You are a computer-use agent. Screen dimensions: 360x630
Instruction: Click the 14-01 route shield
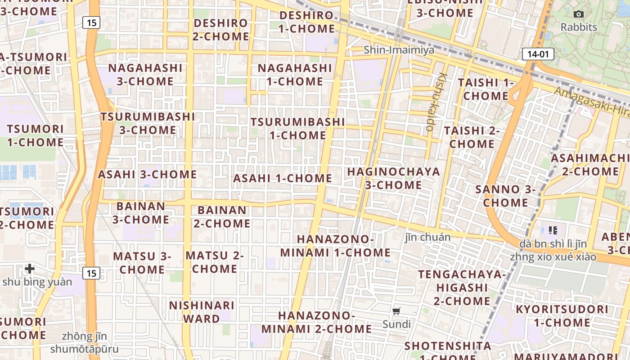(x=538, y=54)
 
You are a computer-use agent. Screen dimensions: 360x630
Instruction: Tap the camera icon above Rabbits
(x=579, y=14)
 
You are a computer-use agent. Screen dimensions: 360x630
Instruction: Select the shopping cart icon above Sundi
(x=396, y=311)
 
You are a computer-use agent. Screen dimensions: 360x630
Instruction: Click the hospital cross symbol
(x=30, y=269)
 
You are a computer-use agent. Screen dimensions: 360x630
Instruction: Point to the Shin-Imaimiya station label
(x=399, y=50)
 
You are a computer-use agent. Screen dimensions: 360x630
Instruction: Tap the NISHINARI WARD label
(x=202, y=312)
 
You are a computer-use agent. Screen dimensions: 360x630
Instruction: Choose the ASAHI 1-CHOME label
(x=283, y=178)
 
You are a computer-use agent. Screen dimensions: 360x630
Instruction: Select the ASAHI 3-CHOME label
(x=148, y=175)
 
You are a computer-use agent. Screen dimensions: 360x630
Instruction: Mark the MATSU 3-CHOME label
(x=142, y=263)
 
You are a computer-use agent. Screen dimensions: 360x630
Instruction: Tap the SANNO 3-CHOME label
(x=505, y=196)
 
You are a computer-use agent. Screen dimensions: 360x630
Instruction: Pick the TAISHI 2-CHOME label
(x=472, y=137)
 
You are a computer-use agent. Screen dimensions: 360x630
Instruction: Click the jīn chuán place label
(x=427, y=237)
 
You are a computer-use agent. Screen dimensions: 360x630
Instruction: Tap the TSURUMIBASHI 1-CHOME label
(x=298, y=129)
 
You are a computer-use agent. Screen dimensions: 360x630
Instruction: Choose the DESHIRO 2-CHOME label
(x=220, y=30)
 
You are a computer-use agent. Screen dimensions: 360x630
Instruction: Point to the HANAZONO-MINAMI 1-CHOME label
(x=336, y=246)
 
